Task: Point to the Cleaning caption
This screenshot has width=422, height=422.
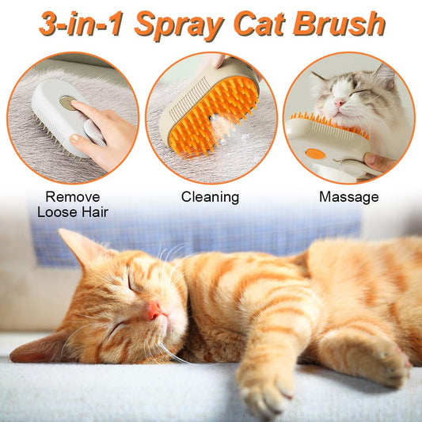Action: [210, 196]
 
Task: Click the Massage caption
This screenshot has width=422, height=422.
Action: [348, 196]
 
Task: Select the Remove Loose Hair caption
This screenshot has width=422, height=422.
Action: [73, 203]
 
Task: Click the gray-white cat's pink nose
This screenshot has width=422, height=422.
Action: [339, 103]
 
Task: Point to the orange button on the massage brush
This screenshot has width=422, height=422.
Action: [315, 153]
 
